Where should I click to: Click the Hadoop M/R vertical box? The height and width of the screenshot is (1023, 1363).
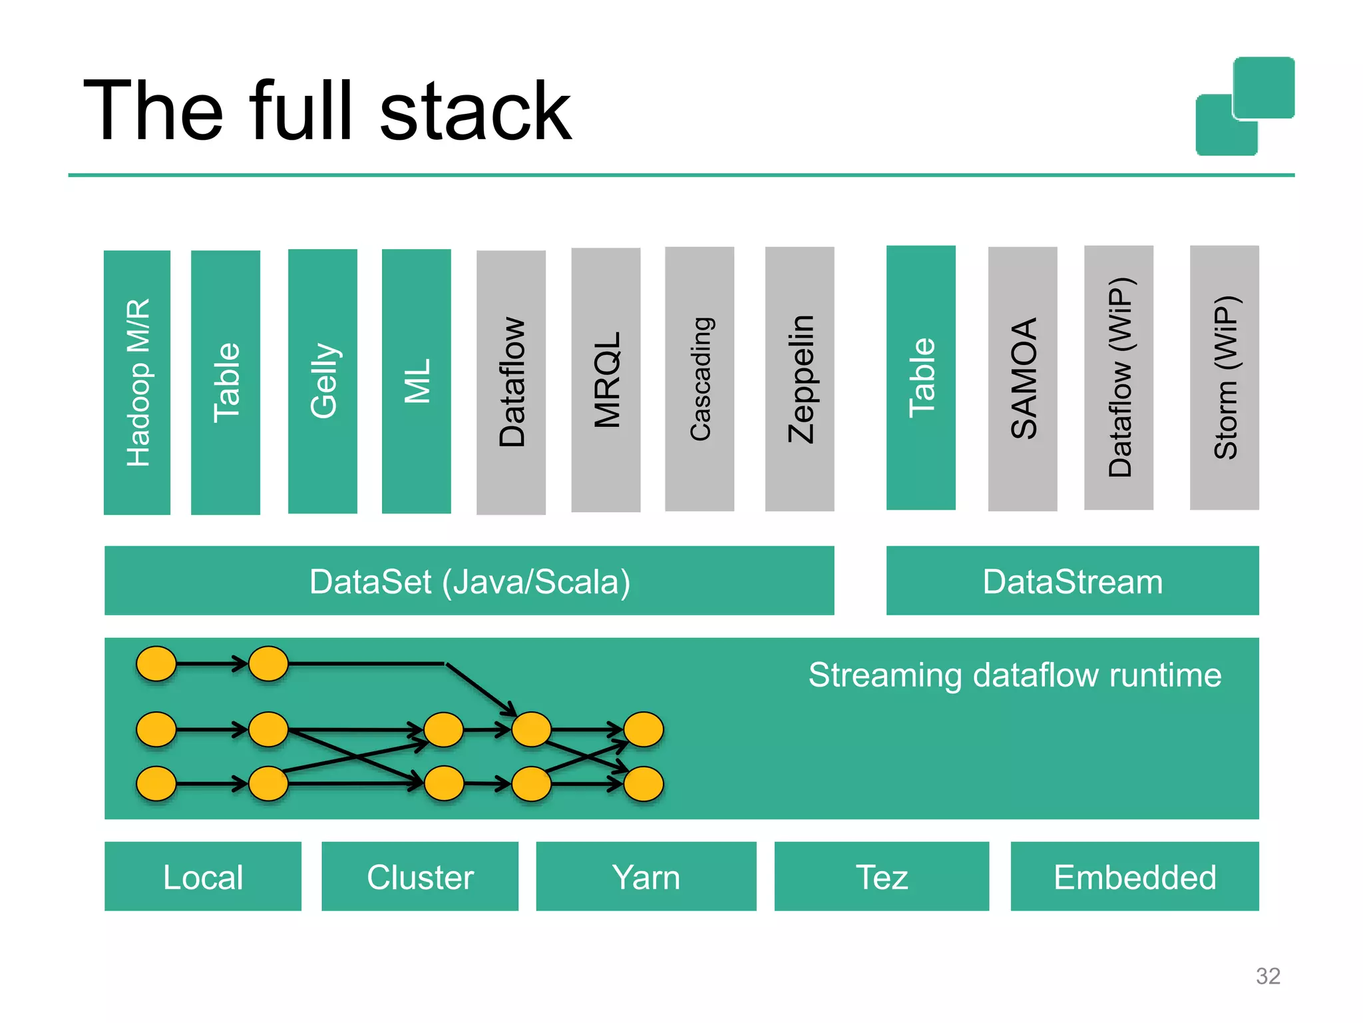(x=137, y=382)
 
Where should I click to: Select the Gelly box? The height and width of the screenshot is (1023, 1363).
(x=323, y=381)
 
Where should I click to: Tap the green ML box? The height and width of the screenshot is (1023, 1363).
(x=417, y=381)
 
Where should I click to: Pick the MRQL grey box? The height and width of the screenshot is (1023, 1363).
(x=606, y=380)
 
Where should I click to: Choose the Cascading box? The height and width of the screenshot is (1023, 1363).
(x=699, y=379)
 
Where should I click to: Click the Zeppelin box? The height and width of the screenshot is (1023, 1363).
(x=799, y=379)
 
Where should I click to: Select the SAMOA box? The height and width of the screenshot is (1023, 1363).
(x=1023, y=379)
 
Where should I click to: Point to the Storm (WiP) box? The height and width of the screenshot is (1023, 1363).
(x=1225, y=378)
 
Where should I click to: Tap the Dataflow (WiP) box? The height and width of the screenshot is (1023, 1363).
(x=1119, y=378)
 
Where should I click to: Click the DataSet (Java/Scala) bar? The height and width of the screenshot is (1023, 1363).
(x=469, y=581)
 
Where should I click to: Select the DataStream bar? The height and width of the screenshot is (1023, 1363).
(x=1072, y=581)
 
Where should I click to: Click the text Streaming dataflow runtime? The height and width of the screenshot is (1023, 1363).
(x=1014, y=675)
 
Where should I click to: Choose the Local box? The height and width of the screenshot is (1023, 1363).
(x=203, y=876)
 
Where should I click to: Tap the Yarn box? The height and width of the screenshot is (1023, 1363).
(x=646, y=876)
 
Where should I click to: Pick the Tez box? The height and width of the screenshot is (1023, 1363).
(x=881, y=876)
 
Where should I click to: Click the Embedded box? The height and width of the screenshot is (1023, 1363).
(x=1135, y=876)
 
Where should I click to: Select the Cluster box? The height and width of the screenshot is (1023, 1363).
(x=420, y=876)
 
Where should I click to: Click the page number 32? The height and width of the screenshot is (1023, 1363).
(x=1268, y=976)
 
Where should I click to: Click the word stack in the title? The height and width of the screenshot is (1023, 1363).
(x=475, y=111)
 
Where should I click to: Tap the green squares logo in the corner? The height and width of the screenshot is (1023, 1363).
(x=1245, y=107)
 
